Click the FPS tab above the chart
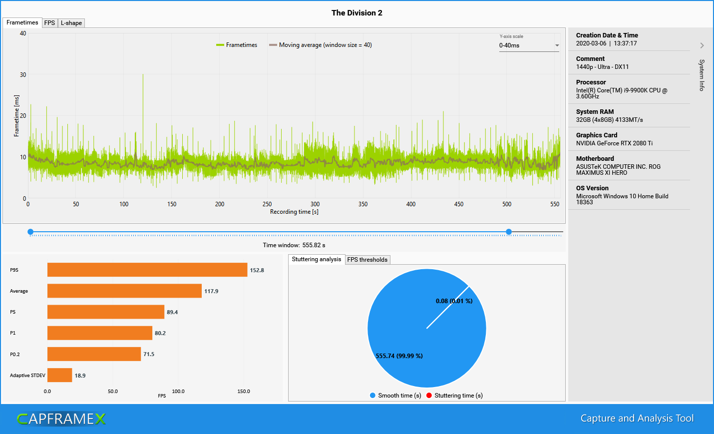point(49,23)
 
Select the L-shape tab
point(71,23)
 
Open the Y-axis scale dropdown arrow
point(557,45)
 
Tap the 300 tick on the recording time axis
point(315,204)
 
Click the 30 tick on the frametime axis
point(23,75)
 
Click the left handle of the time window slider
point(30,232)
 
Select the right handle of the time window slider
point(509,232)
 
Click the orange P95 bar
point(147,270)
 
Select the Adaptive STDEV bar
point(59,375)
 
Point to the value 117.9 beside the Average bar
point(211,291)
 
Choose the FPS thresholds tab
point(367,260)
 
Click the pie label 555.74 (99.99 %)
point(399,356)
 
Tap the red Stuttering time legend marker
point(429,396)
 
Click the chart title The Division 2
point(357,13)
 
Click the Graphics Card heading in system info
point(596,135)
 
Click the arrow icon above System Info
point(702,45)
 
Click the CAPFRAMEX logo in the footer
point(61,419)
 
